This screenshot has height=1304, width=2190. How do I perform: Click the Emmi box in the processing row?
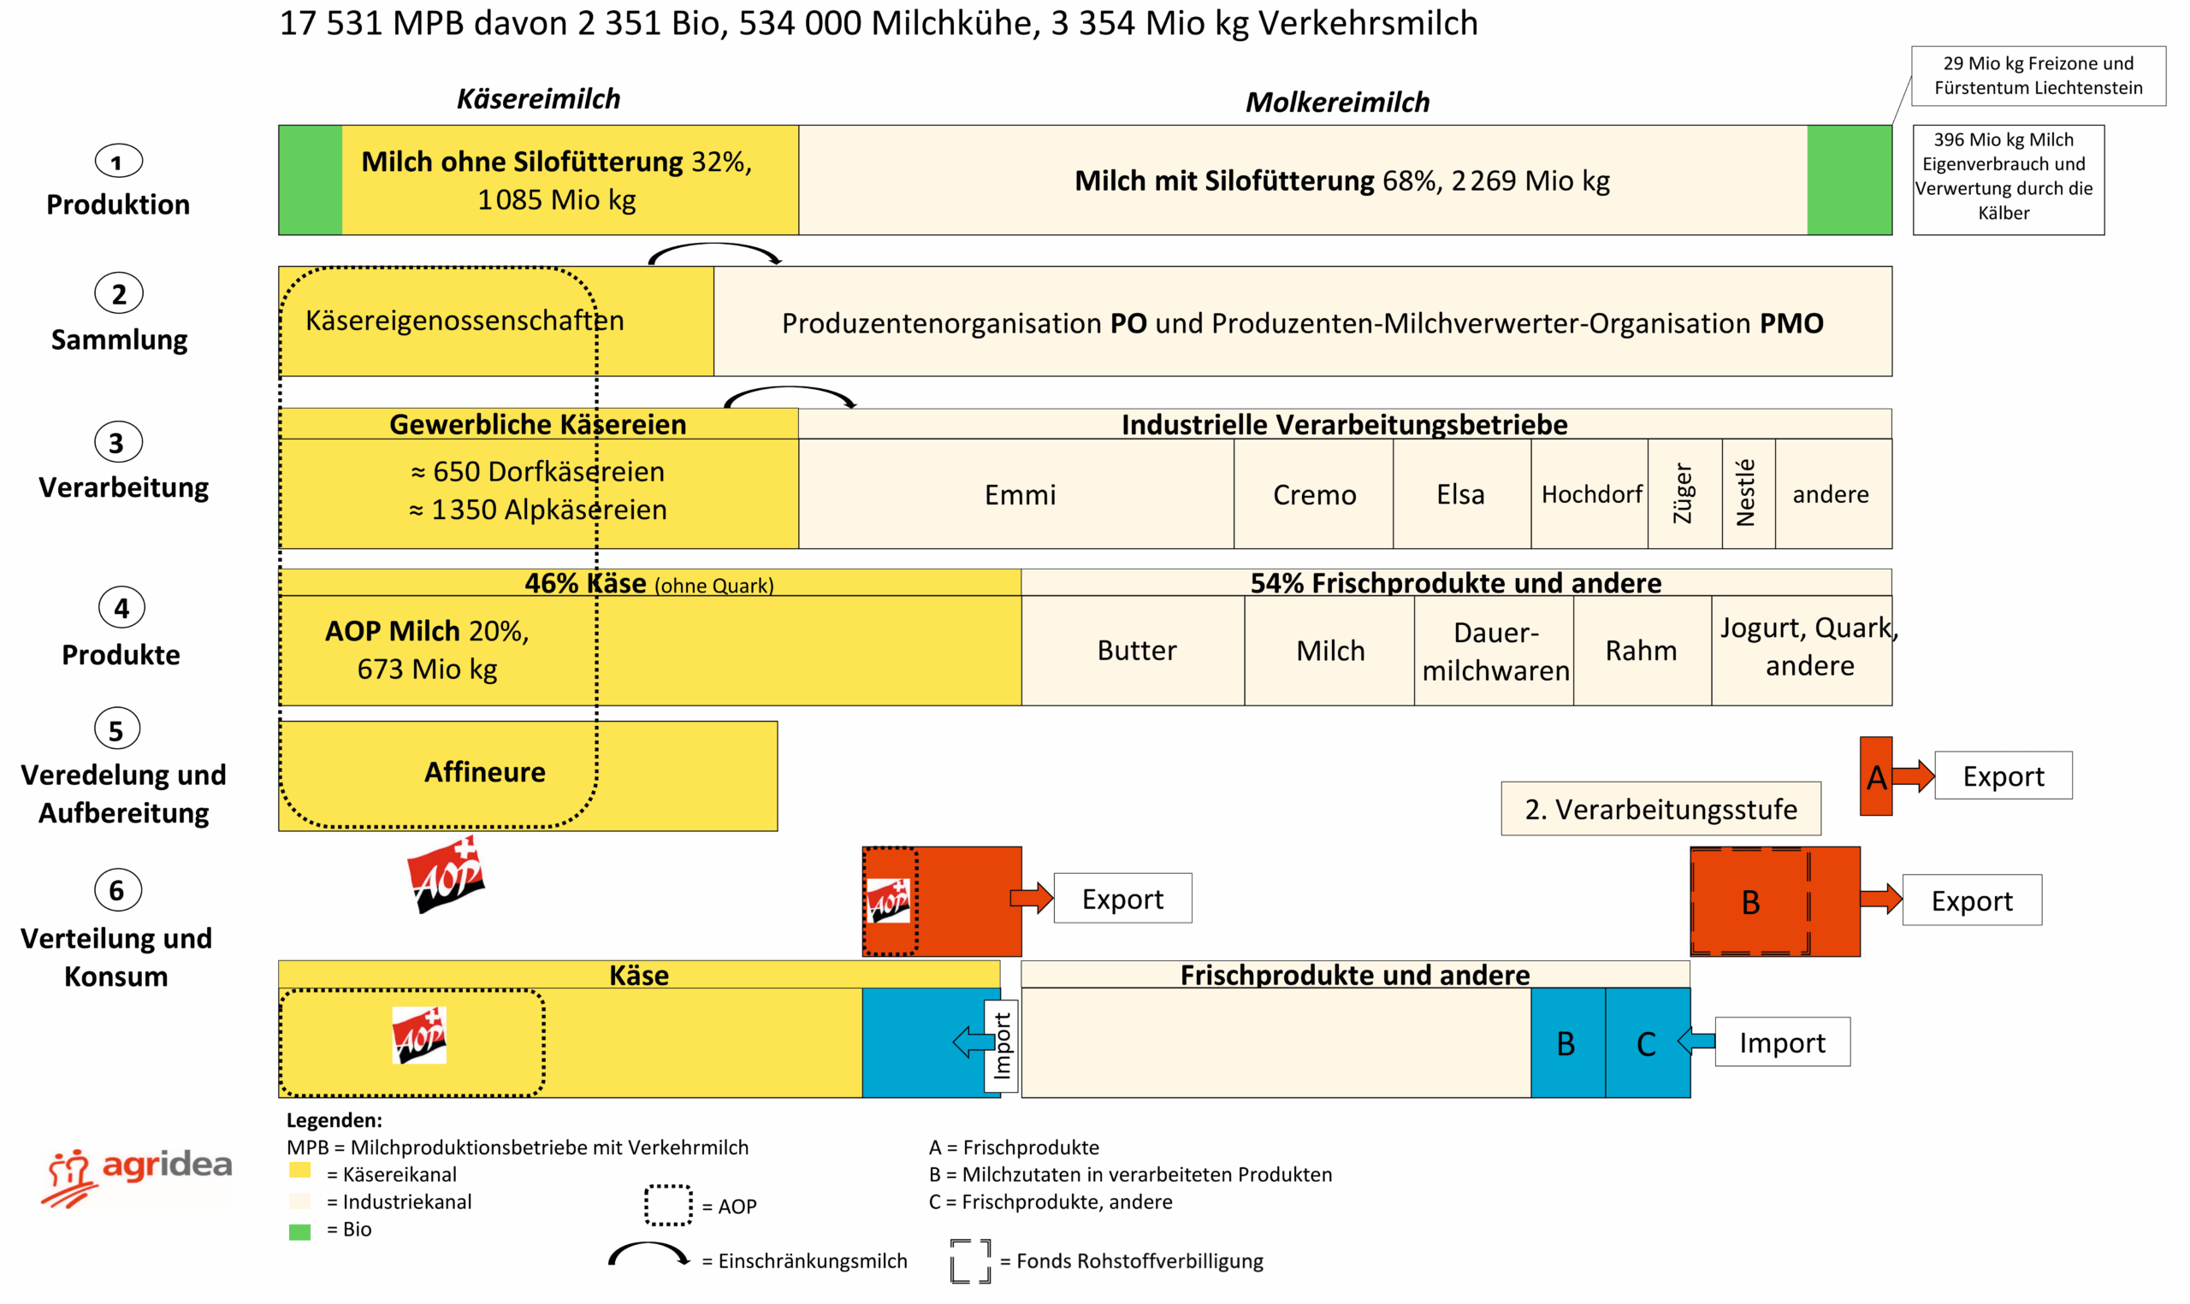tap(1019, 495)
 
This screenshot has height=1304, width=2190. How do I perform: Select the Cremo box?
tap(1314, 495)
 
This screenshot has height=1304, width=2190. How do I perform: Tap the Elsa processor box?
tap(1460, 495)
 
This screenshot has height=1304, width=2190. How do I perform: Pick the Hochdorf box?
tap(1590, 495)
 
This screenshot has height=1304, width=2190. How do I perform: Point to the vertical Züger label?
tap(1682, 494)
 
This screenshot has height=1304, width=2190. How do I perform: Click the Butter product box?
tap(1135, 651)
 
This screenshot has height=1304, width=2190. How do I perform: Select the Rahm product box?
tap(1641, 651)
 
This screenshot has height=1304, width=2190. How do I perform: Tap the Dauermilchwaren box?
tap(1495, 651)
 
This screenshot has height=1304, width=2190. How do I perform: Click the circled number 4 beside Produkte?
tap(121, 608)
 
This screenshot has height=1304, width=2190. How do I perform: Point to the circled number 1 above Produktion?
tap(118, 162)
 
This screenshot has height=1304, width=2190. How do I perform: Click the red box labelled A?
tap(1874, 776)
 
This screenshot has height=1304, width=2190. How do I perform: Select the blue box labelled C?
tap(1646, 1043)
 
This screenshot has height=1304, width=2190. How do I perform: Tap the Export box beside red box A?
tap(2003, 776)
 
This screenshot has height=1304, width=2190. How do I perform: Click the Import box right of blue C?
tap(1781, 1042)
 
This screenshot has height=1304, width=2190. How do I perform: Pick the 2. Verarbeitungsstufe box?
tap(1660, 809)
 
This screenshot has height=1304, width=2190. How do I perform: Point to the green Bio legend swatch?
tap(299, 1231)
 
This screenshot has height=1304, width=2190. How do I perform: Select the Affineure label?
tap(485, 772)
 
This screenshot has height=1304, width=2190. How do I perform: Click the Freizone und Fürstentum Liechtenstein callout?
tap(2038, 75)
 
